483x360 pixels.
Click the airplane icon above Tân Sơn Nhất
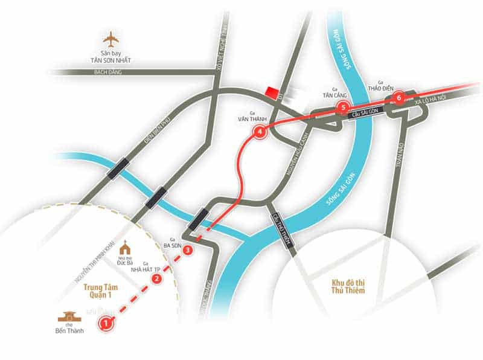pos(111,39)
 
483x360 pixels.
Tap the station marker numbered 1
pos(106,323)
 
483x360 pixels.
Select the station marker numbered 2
pos(156,278)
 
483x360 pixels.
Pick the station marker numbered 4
pos(260,132)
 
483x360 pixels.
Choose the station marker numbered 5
pos(343,108)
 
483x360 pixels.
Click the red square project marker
pos(272,93)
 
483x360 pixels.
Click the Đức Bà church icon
pos(126,248)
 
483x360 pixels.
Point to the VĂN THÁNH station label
pos(248,120)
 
